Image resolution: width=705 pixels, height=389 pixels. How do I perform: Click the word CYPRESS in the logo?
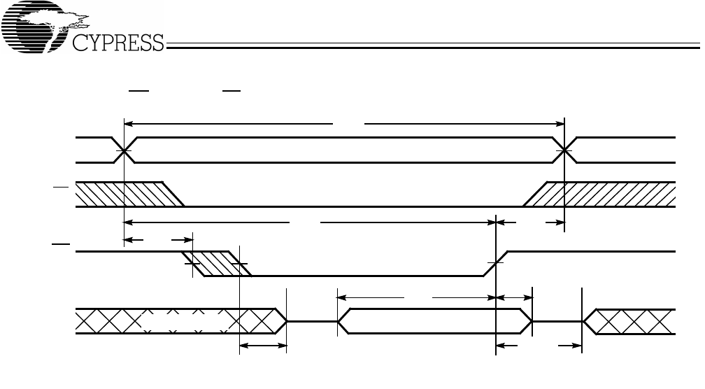pos(118,44)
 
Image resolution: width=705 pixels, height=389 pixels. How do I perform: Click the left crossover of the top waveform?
pos(124,150)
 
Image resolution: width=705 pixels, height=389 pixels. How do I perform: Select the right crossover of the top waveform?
pos(564,150)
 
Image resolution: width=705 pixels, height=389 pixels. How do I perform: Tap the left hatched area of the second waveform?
pos(122,194)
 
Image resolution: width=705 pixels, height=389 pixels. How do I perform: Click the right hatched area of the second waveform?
pos(601,194)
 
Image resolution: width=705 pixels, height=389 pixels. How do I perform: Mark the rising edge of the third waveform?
pos(496,263)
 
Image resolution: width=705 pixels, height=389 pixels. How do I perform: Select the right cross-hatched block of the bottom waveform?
pos(629,320)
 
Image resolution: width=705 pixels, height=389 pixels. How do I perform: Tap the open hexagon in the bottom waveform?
pos(434,320)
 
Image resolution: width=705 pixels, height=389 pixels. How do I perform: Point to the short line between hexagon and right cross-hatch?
pos(557,321)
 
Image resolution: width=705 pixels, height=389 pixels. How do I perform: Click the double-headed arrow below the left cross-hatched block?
pos(263,345)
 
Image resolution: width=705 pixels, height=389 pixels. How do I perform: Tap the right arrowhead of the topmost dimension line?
pos(560,124)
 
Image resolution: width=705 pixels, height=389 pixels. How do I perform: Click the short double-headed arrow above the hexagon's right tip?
pos(514,297)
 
